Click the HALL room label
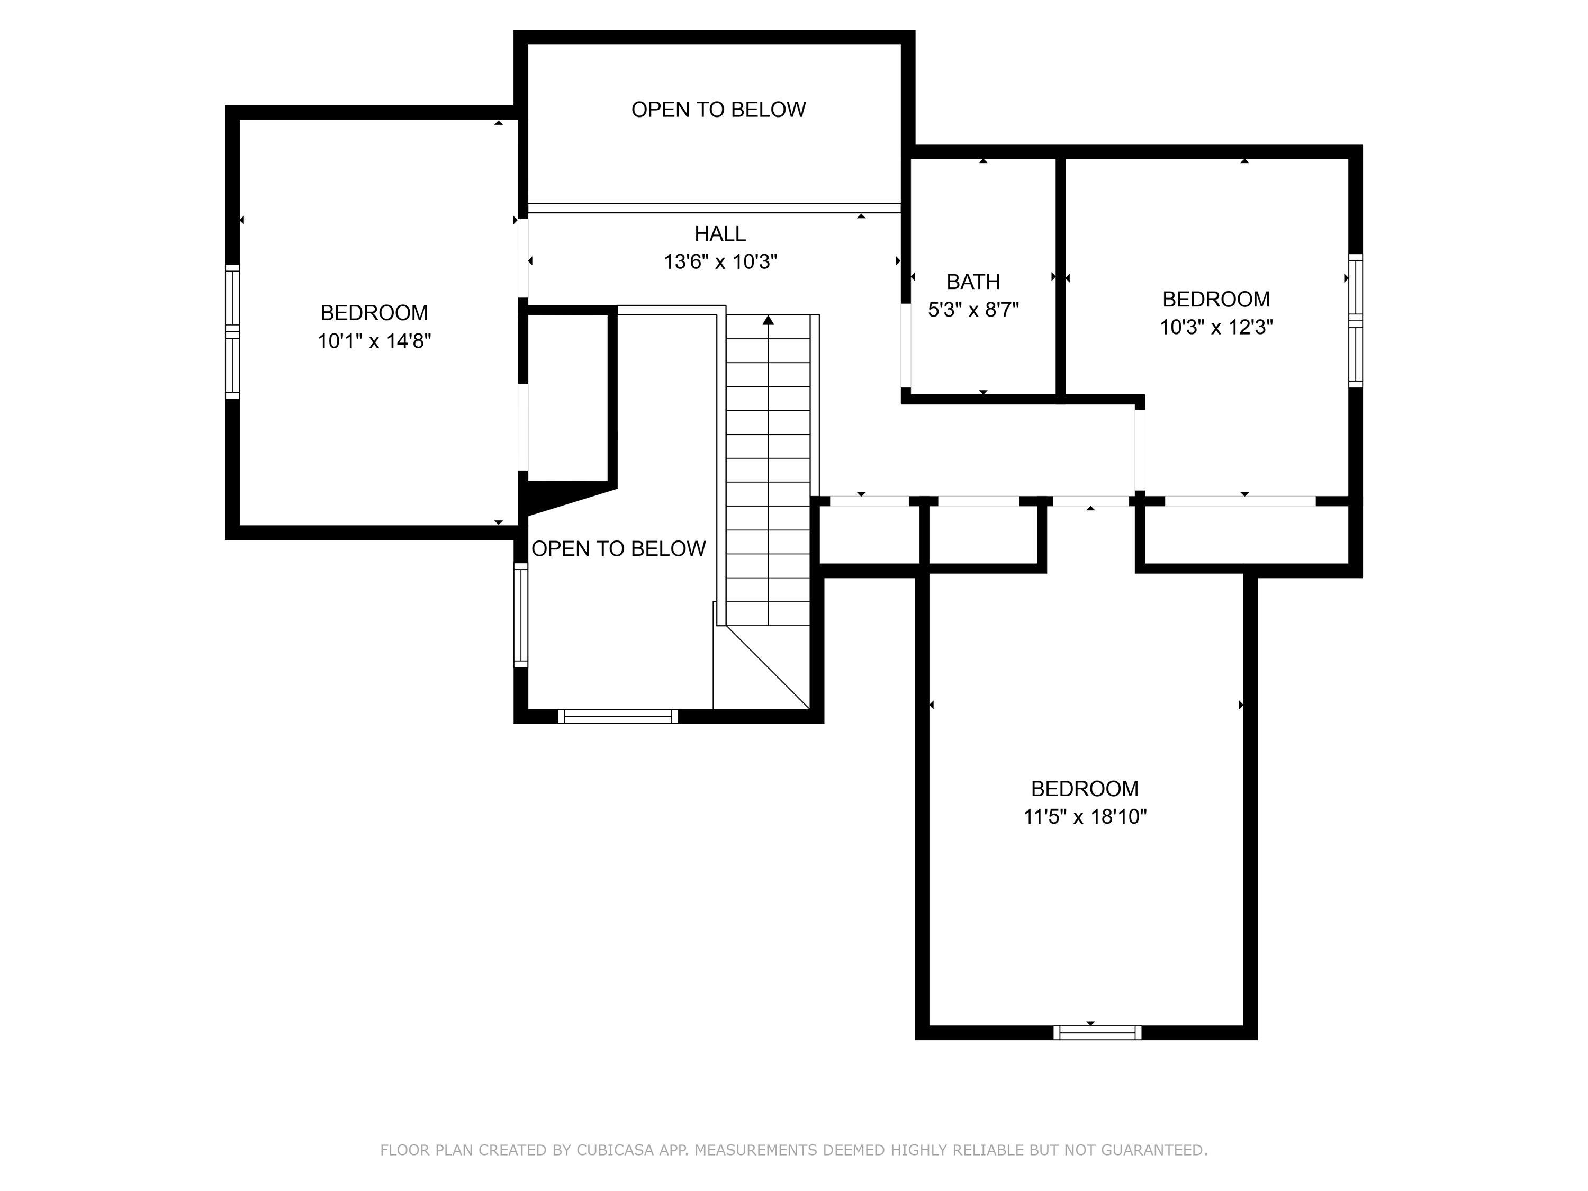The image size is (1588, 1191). tap(720, 234)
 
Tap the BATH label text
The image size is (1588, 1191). tap(973, 282)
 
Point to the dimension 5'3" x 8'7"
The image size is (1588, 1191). tap(973, 310)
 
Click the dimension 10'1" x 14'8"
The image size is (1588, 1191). tap(374, 341)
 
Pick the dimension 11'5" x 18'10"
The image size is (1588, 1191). tap(1085, 817)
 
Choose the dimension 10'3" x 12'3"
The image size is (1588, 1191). tap(1216, 327)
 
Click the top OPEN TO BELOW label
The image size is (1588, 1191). tap(719, 110)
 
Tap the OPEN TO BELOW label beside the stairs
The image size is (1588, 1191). tap(619, 549)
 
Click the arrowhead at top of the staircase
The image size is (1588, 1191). tap(768, 320)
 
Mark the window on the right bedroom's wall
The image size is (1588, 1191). tap(1356, 320)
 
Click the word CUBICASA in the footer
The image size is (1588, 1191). tap(615, 1150)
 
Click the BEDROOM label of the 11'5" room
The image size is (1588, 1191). tap(1085, 789)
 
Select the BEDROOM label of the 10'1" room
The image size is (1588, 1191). tap(374, 313)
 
